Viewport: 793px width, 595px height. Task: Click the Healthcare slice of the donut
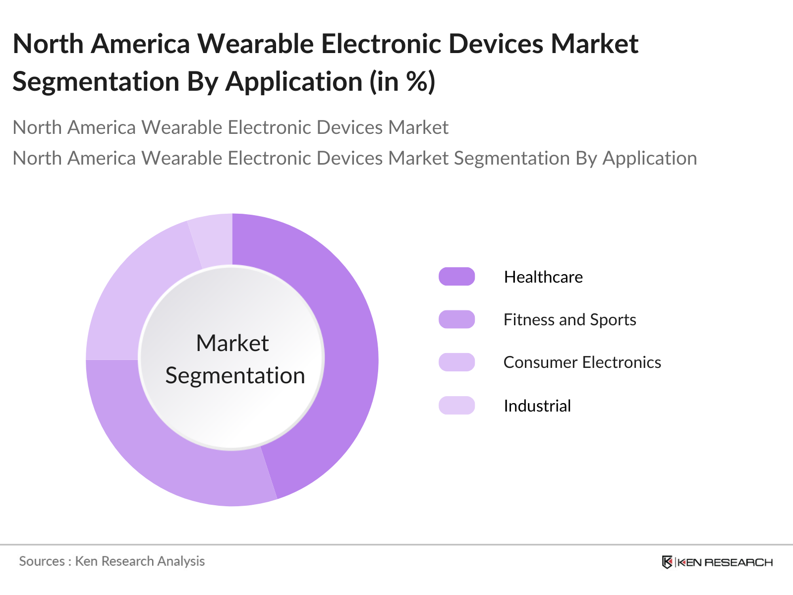347,347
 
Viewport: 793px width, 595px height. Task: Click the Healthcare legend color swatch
456,277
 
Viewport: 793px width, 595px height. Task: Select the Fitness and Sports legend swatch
456,319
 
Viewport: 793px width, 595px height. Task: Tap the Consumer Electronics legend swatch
456,362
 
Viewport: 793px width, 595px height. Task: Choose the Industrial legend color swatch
456,406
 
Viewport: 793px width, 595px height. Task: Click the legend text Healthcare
543,277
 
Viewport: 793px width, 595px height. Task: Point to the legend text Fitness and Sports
569,320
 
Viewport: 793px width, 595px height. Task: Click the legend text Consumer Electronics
582,362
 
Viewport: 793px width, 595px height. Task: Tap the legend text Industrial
537,406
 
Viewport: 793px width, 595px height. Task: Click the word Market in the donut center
232,343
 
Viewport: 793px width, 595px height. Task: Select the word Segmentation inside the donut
235,375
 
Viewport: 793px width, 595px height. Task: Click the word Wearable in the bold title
256,44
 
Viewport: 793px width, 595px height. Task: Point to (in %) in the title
402,82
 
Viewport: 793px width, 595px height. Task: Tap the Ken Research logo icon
667,562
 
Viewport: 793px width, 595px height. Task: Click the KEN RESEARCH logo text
725,562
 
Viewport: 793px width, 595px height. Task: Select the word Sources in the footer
42,561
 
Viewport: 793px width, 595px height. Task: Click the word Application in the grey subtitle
650,158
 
